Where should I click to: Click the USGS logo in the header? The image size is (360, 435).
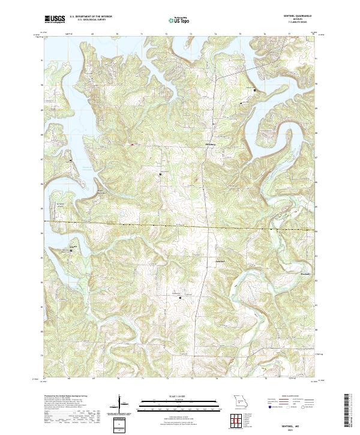point(55,20)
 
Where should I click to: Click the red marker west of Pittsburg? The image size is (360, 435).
point(131,144)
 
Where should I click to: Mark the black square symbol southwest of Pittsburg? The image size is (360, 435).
point(161,174)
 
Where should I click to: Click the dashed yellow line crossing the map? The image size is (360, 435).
point(180,226)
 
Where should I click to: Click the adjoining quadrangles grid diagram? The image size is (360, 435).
point(239,420)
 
